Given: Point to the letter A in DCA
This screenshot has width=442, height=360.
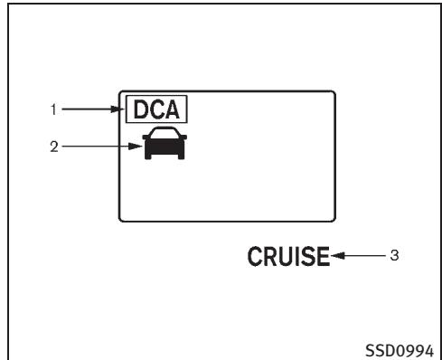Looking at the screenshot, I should [x=172, y=110].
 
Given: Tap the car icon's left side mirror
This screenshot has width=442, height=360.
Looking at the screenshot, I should [x=143, y=142].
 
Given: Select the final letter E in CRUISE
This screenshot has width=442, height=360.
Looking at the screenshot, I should [x=320, y=257].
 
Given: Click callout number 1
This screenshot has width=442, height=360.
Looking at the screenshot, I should [x=54, y=110].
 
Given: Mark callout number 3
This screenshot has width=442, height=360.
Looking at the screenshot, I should [x=393, y=256].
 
